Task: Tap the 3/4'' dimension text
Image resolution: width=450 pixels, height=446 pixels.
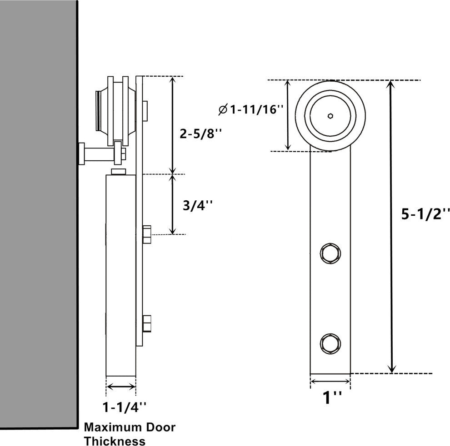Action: pos(197,206)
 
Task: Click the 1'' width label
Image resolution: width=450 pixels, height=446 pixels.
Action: pos(332,398)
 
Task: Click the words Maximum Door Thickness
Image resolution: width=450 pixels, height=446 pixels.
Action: pos(130,434)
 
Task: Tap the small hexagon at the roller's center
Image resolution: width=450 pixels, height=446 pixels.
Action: pos(330,116)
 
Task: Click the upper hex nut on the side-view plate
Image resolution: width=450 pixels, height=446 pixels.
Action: pos(147,234)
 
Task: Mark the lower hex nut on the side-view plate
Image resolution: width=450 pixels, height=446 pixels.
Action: pos(147,325)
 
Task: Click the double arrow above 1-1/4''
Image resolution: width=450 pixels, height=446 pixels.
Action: pos(121,387)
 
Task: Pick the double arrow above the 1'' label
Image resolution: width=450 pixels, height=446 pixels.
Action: pos(330,382)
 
